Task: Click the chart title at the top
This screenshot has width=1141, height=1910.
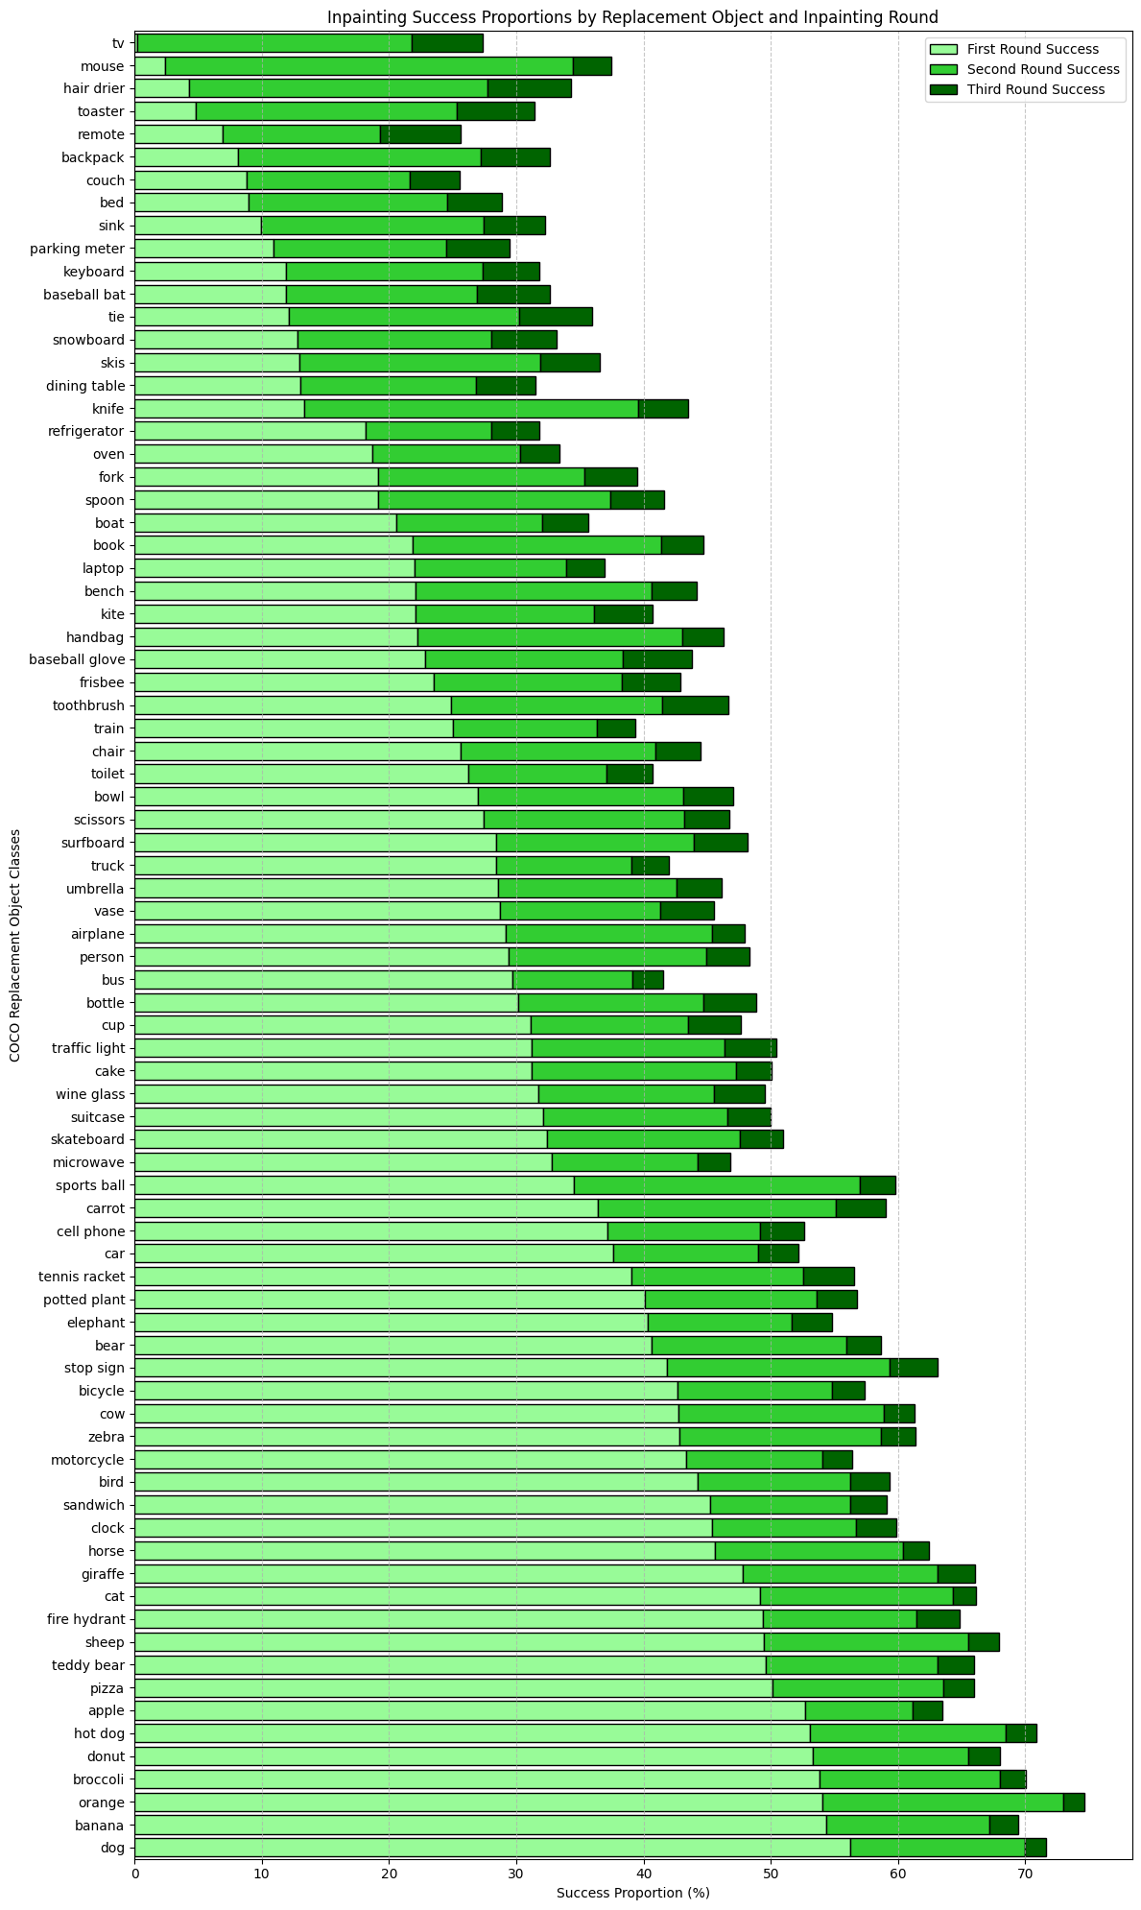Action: coord(632,16)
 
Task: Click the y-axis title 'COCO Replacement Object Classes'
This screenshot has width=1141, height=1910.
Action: coord(14,945)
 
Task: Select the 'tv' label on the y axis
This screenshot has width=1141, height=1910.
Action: coord(117,43)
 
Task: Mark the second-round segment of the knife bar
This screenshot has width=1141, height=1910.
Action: coord(471,409)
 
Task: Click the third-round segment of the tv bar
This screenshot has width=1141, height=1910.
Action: coord(447,43)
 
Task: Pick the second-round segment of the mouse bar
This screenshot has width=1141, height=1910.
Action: coord(368,66)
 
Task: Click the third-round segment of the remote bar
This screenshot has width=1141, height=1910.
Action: coord(420,134)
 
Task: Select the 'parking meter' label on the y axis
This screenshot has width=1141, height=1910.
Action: coord(84,249)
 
